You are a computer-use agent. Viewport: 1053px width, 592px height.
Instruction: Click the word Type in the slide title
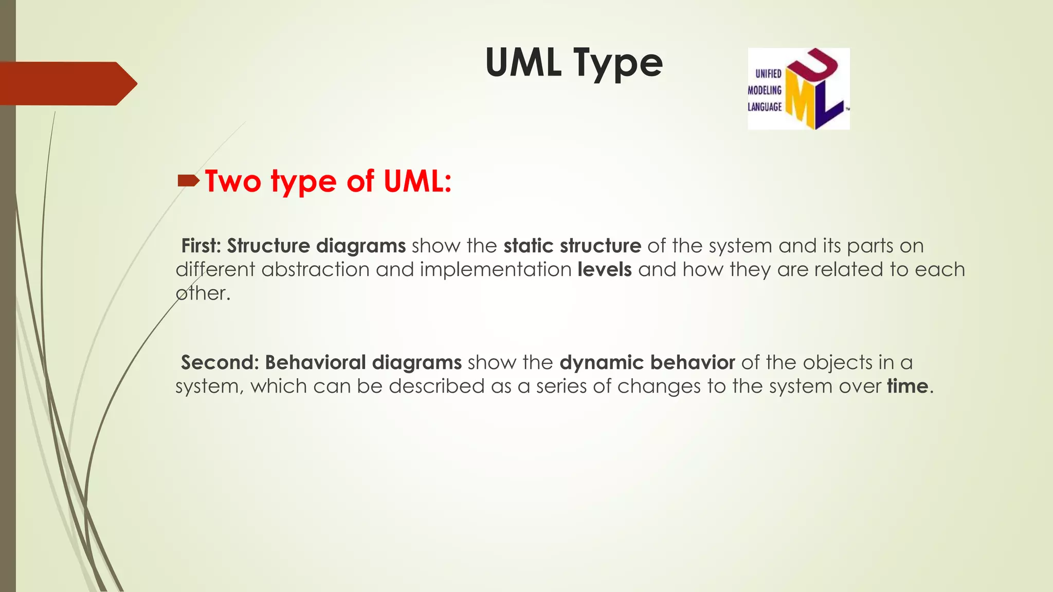coord(618,64)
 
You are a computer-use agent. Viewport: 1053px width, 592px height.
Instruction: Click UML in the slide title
coord(523,63)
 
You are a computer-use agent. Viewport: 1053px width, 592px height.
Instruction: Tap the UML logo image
coord(798,88)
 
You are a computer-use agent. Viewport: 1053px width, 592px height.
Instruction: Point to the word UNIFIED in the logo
coord(768,74)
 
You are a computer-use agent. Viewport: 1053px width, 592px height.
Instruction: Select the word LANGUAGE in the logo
coord(765,107)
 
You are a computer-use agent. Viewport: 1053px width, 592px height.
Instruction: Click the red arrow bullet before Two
coord(188,180)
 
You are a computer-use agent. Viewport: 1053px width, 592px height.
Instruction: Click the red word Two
coord(233,181)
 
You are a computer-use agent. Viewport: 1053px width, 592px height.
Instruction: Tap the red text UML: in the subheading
coord(417,181)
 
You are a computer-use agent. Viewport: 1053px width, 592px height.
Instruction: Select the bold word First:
coord(201,246)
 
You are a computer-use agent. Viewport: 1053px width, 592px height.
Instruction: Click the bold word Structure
coord(268,246)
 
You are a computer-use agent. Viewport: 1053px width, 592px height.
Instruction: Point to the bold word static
coord(529,246)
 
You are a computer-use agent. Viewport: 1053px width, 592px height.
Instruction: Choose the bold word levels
coord(605,269)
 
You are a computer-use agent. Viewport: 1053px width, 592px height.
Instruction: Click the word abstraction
coord(315,269)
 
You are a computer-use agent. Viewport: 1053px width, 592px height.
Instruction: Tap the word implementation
coord(496,269)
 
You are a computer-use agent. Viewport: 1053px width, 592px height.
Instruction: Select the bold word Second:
coord(220,362)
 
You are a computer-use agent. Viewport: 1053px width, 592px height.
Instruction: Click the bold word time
coord(907,386)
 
